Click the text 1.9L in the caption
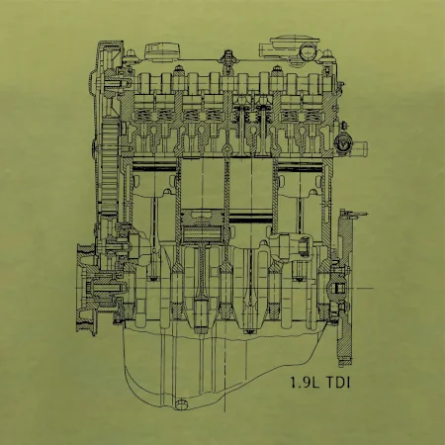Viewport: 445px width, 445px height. pyautogui.click(x=305, y=383)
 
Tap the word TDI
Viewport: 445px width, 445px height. pyautogui.click(x=338, y=383)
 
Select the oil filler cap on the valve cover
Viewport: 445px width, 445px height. pyautogui.click(x=162, y=51)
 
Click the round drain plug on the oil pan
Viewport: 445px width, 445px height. pyautogui.click(x=181, y=404)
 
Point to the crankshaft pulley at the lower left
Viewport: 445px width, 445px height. pyautogui.click(x=86, y=289)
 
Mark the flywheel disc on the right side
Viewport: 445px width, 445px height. pyautogui.click(x=344, y=288)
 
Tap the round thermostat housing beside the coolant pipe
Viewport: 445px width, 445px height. pyautogui.click(x=341, y=144)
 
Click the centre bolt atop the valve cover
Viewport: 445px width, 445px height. pyautogui.click(x=227, y=57)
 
